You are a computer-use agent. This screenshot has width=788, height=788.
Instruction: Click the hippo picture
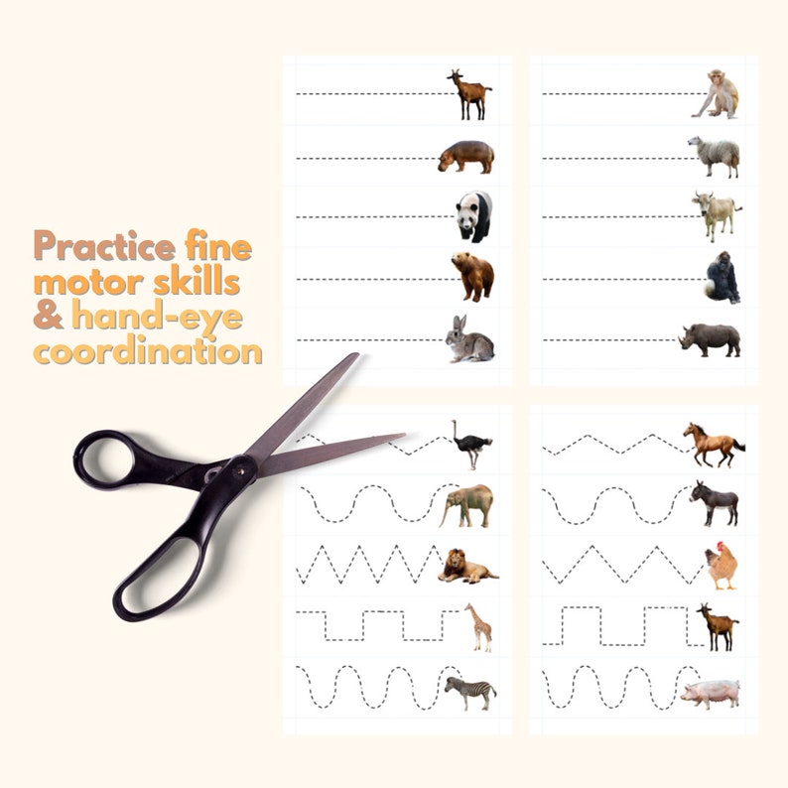pos(465,156)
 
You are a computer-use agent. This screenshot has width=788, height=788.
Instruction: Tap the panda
pos(474,216)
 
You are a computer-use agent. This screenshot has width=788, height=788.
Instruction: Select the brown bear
pos(472,276)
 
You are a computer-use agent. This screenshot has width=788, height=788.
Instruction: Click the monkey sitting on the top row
pos(718,95)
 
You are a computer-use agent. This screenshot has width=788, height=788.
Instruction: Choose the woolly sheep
pos(715,155)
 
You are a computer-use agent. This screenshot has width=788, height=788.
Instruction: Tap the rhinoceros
pos(711,339)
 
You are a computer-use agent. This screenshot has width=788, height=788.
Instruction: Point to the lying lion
pos(466,566)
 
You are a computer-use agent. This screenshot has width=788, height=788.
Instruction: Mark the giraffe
pos(479,627)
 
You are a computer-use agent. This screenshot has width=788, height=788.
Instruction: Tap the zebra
pos(470,692)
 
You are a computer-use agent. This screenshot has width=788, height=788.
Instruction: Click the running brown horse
pos(713,445)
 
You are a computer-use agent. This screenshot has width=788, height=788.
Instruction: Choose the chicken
pos(722,567)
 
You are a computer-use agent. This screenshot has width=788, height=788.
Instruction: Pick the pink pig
pos(710,693)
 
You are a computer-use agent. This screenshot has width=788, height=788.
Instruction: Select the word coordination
pos(149,352)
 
